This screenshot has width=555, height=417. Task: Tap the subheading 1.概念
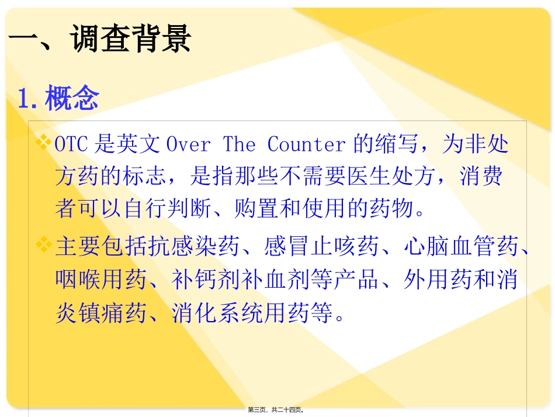(x=58, y=98)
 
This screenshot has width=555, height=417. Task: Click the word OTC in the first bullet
(x=71, y=144)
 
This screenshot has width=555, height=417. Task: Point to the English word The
(x=240, y=144)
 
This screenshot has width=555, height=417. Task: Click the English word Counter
(x=307, y=144)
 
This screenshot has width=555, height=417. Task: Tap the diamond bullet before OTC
(x=44, y=142)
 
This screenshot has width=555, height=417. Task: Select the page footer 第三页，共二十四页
(x=276, y=410)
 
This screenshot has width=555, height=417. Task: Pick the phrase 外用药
(x=438, y=280)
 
